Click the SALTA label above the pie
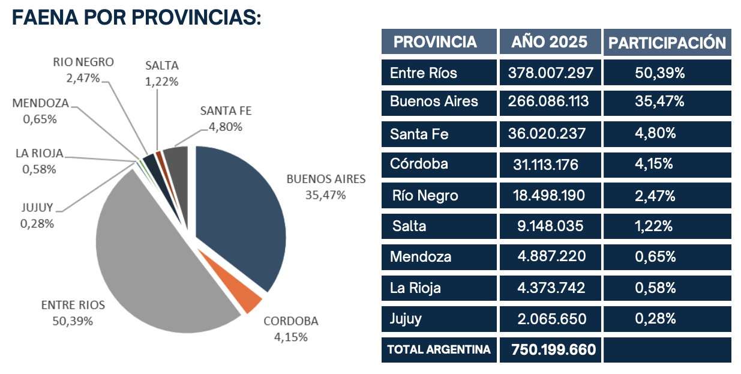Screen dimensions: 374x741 coord(162,66)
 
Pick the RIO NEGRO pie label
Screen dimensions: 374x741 coord(83,62)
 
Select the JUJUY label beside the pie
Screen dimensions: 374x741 coord(37,208)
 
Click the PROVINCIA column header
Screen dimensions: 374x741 coord(435,42)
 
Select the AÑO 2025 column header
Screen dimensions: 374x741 coord(550,42)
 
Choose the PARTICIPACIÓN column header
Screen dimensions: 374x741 coord(667,43)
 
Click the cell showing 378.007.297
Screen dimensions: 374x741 coord(550,73)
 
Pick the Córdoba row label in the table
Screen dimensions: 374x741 coord(419,163)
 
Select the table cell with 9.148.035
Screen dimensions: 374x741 coord(550,226)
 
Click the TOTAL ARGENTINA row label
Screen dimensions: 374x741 coord(439,349)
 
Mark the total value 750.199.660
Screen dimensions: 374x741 coord(553,349)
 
